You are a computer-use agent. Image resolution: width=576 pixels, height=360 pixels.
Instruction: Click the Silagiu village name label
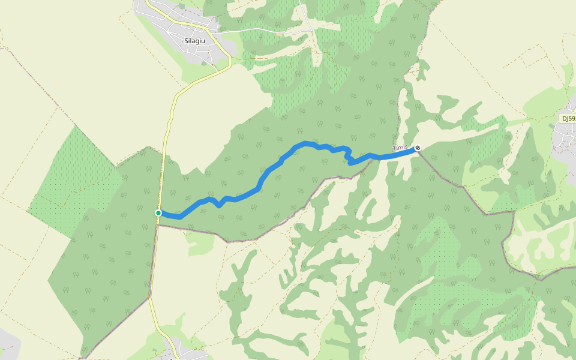195,41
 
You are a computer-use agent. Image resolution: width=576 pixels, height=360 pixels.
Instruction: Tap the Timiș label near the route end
400,147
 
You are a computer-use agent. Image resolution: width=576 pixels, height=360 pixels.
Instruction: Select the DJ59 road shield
568,118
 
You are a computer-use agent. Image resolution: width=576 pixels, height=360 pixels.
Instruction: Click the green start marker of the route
158,213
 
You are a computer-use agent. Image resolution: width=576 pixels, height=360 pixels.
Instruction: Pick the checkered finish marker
418,148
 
